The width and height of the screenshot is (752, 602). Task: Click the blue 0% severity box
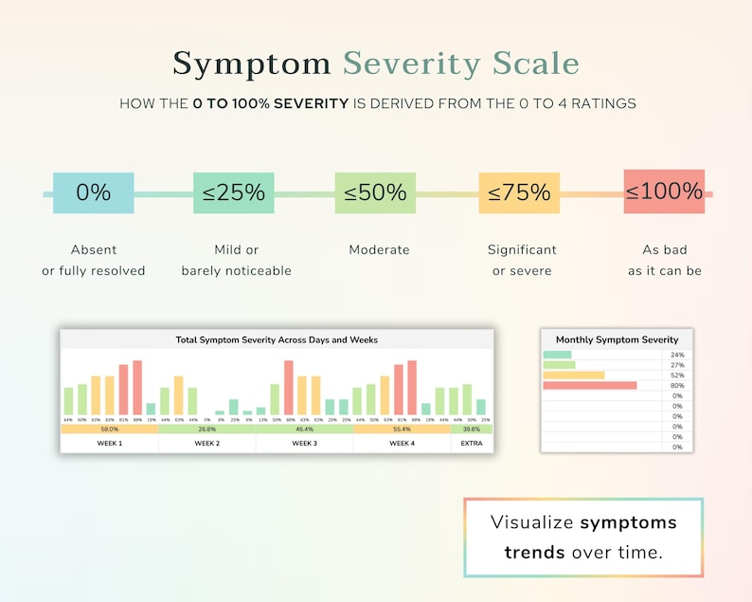(93, 192)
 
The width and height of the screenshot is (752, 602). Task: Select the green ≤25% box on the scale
(233, 192)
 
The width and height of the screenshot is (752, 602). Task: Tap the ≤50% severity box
(375, 192)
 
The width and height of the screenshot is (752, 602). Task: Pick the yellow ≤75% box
(519, 192)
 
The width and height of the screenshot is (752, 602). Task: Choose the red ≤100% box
(664, 192)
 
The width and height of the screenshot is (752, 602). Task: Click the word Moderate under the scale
(379, 250)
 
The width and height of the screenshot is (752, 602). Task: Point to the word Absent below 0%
(94, 250)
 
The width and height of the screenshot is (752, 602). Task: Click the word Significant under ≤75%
(522, 250)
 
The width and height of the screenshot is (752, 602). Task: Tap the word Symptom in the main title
(252, 64)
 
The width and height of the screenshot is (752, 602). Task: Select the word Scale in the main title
(535, 64)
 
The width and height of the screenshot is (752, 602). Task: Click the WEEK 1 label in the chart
(109, 443)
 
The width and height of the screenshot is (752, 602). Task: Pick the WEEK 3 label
(304, 443)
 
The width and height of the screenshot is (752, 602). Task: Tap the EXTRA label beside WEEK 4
(471, 443)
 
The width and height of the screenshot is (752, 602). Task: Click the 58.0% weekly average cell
(109, 429)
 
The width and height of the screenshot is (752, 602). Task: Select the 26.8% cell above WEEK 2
(206, 429)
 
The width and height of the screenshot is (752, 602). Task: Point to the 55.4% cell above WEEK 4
(402, 429)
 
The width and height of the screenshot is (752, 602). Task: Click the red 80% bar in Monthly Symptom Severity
(589, 386)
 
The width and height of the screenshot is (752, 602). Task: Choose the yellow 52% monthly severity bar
(573, 375)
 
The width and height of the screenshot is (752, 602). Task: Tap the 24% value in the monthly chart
(677, 355)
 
